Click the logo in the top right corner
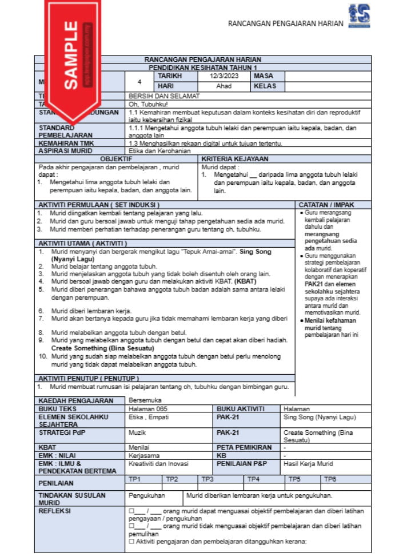pyautogui.click(x=359, y=16)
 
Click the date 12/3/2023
pyautogui.click(x=224, y=76)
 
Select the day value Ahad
pyautogui.click(x=224, y=86)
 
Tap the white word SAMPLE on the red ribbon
pyautogui.click(x=71, y=55)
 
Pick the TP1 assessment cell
pyautogui.click(x=135, y=479)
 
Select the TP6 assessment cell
pyautogui.click(x=330, y=479)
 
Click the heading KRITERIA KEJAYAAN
pyautogui.click(x=235, y=158)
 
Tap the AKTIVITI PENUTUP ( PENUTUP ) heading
pyautogui.click(x=88, y=378)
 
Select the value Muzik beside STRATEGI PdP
pyautogui.click(x=137, y=433)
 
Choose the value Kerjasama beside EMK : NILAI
pyautogui.click(x=143, y=455)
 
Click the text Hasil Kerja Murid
pyautogui.click(x=308, y=463)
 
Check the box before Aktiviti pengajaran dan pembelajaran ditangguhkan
pyautogui.click(x=131, y=541)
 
